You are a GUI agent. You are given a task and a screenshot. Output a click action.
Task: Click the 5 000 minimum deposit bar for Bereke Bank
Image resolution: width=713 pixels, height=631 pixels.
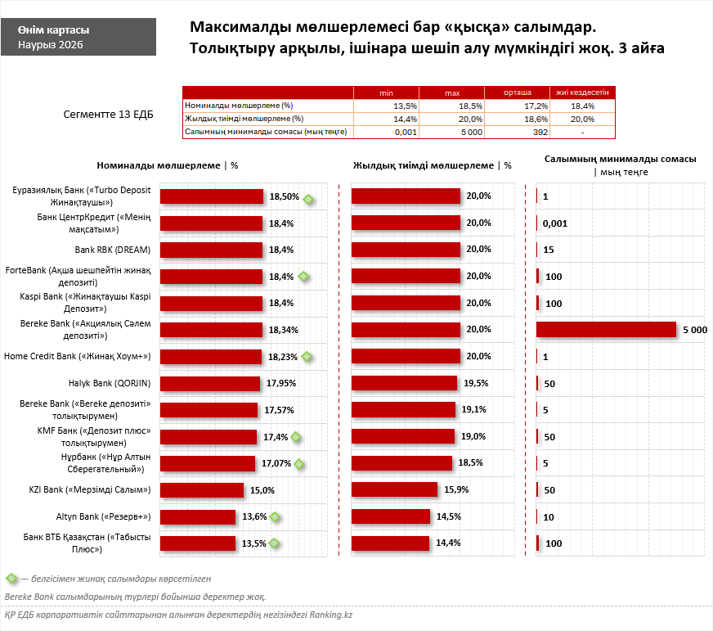606,329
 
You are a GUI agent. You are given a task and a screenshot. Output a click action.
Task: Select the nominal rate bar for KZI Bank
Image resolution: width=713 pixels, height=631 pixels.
202,490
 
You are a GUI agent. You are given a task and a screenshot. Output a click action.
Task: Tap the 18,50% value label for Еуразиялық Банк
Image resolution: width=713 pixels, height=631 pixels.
284,197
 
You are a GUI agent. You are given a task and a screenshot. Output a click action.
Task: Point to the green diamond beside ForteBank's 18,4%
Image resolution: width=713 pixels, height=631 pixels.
304,277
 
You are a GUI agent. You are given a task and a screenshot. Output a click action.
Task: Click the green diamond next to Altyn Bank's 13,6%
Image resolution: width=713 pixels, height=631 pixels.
276,516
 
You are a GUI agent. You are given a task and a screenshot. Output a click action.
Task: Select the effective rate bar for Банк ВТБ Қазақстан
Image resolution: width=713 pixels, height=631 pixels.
390,543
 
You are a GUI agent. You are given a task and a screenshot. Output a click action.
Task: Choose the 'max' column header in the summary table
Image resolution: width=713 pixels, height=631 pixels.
451,93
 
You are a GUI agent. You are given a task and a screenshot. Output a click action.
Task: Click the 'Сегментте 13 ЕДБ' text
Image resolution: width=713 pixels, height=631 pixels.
108,115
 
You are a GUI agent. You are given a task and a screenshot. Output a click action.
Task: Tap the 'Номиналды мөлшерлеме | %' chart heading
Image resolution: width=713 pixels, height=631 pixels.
168,165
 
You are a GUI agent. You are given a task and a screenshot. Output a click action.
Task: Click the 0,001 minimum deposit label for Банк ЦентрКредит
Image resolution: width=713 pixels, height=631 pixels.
554,223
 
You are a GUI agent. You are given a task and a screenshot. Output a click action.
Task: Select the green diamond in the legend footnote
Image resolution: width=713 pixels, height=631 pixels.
11,579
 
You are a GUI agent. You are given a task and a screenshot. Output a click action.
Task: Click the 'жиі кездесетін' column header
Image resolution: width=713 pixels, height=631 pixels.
583,93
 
